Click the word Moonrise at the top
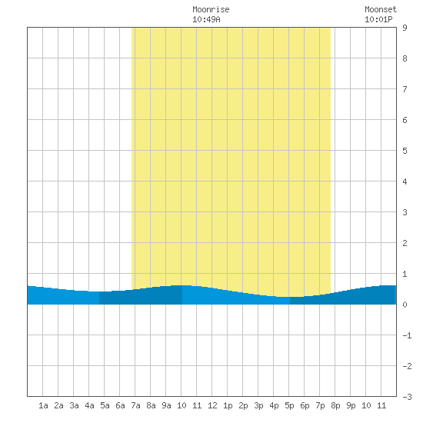click(x=211, y=9)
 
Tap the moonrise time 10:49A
click(x=206, y=19)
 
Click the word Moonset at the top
click(x=381, y=9)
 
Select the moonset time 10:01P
click(x=378, y=19)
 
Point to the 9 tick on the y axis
click(x=405, y=28)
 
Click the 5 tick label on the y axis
click(x=405, y=151)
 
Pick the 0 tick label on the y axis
click(x=405, y=305)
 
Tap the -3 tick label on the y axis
click(x=407, y=397)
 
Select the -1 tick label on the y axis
click(x=407, y=335)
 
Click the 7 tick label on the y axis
click(x=405, y=89)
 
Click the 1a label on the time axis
click(x=43, y=405)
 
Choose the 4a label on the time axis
click(x=89, y=405)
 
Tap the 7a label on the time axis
click(x=135, y=405)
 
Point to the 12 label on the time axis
click(x=212, y=405)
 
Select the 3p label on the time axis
click(x=258, y=405)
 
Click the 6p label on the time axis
click(x=305, y=405)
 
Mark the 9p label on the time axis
click(x=351, y=405)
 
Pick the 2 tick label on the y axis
click(x=405, y=243)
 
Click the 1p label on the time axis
click(x=228, y=405)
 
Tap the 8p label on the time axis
click(x=335, y=405)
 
